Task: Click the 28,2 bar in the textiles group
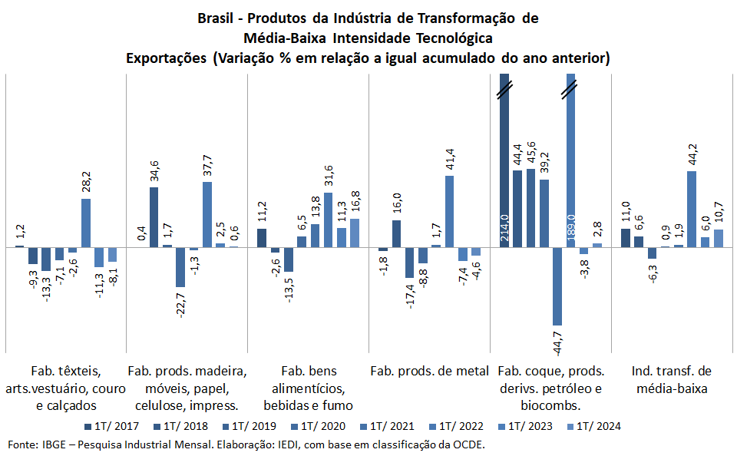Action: [x=86, y=223]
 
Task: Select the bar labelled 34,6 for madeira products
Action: [x=154, y=217]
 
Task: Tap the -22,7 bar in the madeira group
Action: [x=180, y=267]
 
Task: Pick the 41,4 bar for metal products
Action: [x=449, y=211]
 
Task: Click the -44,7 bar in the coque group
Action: [x=557, y=286]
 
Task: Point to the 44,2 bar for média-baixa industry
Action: [x=692, y=209]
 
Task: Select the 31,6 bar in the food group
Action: [x=328, y=220]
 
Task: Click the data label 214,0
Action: [x=505, y=228]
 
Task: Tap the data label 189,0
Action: [x=571, y=229]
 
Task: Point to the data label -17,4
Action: [x=410, y=296]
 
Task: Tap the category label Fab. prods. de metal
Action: [x=429, y=371]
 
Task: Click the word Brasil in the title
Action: [x=216, y=17]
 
